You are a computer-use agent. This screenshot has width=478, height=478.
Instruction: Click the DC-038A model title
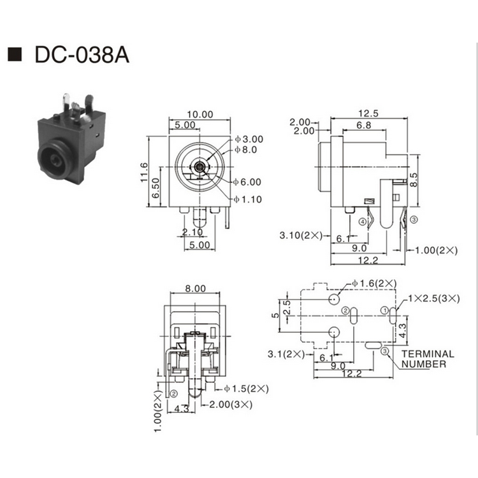(82, 55)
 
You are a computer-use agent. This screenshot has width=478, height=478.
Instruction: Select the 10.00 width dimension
(199, 114)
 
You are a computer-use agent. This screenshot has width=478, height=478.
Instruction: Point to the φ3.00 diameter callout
(249, 139)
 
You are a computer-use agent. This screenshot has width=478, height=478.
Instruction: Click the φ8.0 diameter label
(246, 150)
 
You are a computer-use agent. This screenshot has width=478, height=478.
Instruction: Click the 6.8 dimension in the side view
(364, 126)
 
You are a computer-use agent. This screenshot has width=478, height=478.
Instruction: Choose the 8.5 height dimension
(414, 180)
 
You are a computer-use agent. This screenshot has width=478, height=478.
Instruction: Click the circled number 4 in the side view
(363, 222)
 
